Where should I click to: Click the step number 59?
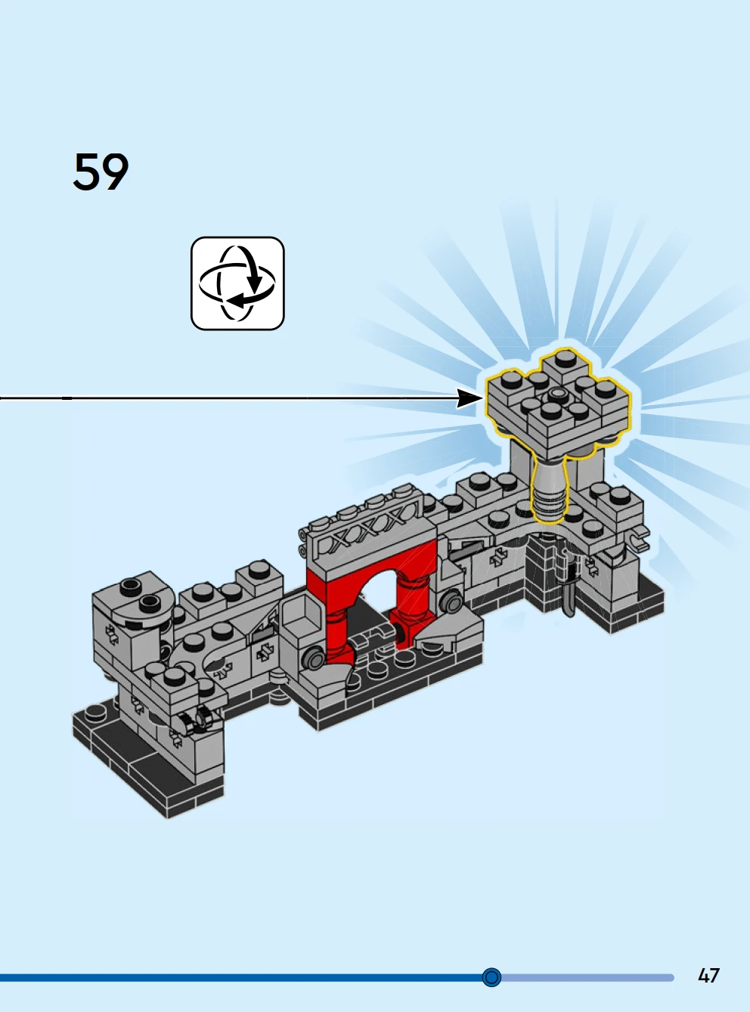[x=101, y=172]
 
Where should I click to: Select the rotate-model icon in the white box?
[x=237, y=283]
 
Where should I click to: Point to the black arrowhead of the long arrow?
[x=470, y=398]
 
